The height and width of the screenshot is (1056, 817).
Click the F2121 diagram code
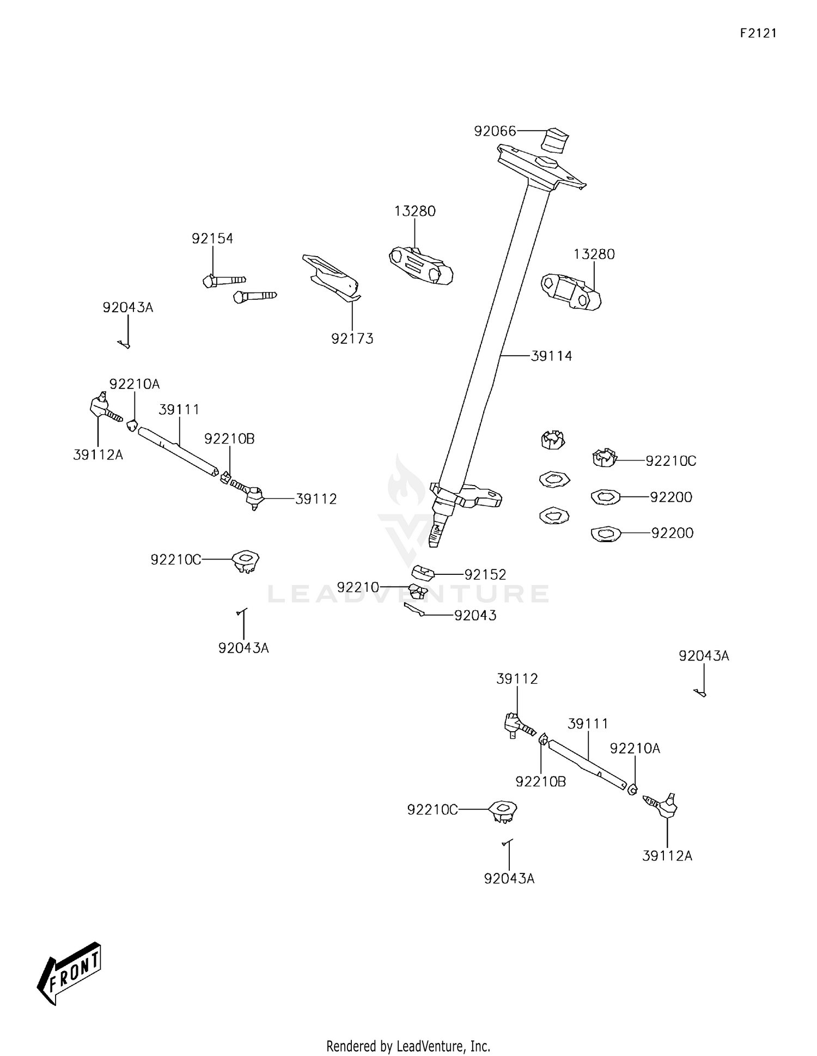pyautogui.click(x=758, y=33)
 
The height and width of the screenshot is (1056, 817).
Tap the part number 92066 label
pyautogui.click(x=495, y=131)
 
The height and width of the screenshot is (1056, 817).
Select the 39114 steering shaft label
pyautogui.click(x=551, y=356)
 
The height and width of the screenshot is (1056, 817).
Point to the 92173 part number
pyautogui.click(x=352, y=339)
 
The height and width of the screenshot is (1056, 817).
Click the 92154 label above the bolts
pyautogui.click(x=212, y=239)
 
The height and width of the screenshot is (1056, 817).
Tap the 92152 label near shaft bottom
pyautogui.click(x=485, y=575)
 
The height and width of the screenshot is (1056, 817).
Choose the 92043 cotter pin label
pyautogui.click(x=475, y=616)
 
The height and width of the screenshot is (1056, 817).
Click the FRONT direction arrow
pyautogui.click(x=69, y=973)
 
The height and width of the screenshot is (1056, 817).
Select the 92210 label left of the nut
pyautogui.click(x=357, y=587)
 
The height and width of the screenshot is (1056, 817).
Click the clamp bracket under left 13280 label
pyautogui.click(x=421, y=266)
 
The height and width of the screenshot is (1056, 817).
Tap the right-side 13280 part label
pyautogui.click(x=594, y=254)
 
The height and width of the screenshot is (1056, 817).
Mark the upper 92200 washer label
pyautogui.click(x=671, y=497)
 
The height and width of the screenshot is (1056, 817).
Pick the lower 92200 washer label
pyautogui.click(x=672, y=533)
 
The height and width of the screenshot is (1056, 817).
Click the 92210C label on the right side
pyautogui.click(x=670, y=461)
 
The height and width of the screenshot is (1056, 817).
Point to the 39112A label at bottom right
pyautogui.click(x=667, y=856)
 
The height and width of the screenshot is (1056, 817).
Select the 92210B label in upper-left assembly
pyautogui.click(x=229, y=439)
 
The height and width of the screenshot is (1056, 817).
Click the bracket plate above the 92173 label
pyautogui.click(x=331, y=277)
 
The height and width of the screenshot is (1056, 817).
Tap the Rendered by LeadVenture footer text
pyautogui.click(x=408, y=1046)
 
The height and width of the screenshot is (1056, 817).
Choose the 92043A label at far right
pyautogui.click(x=703, y=656)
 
